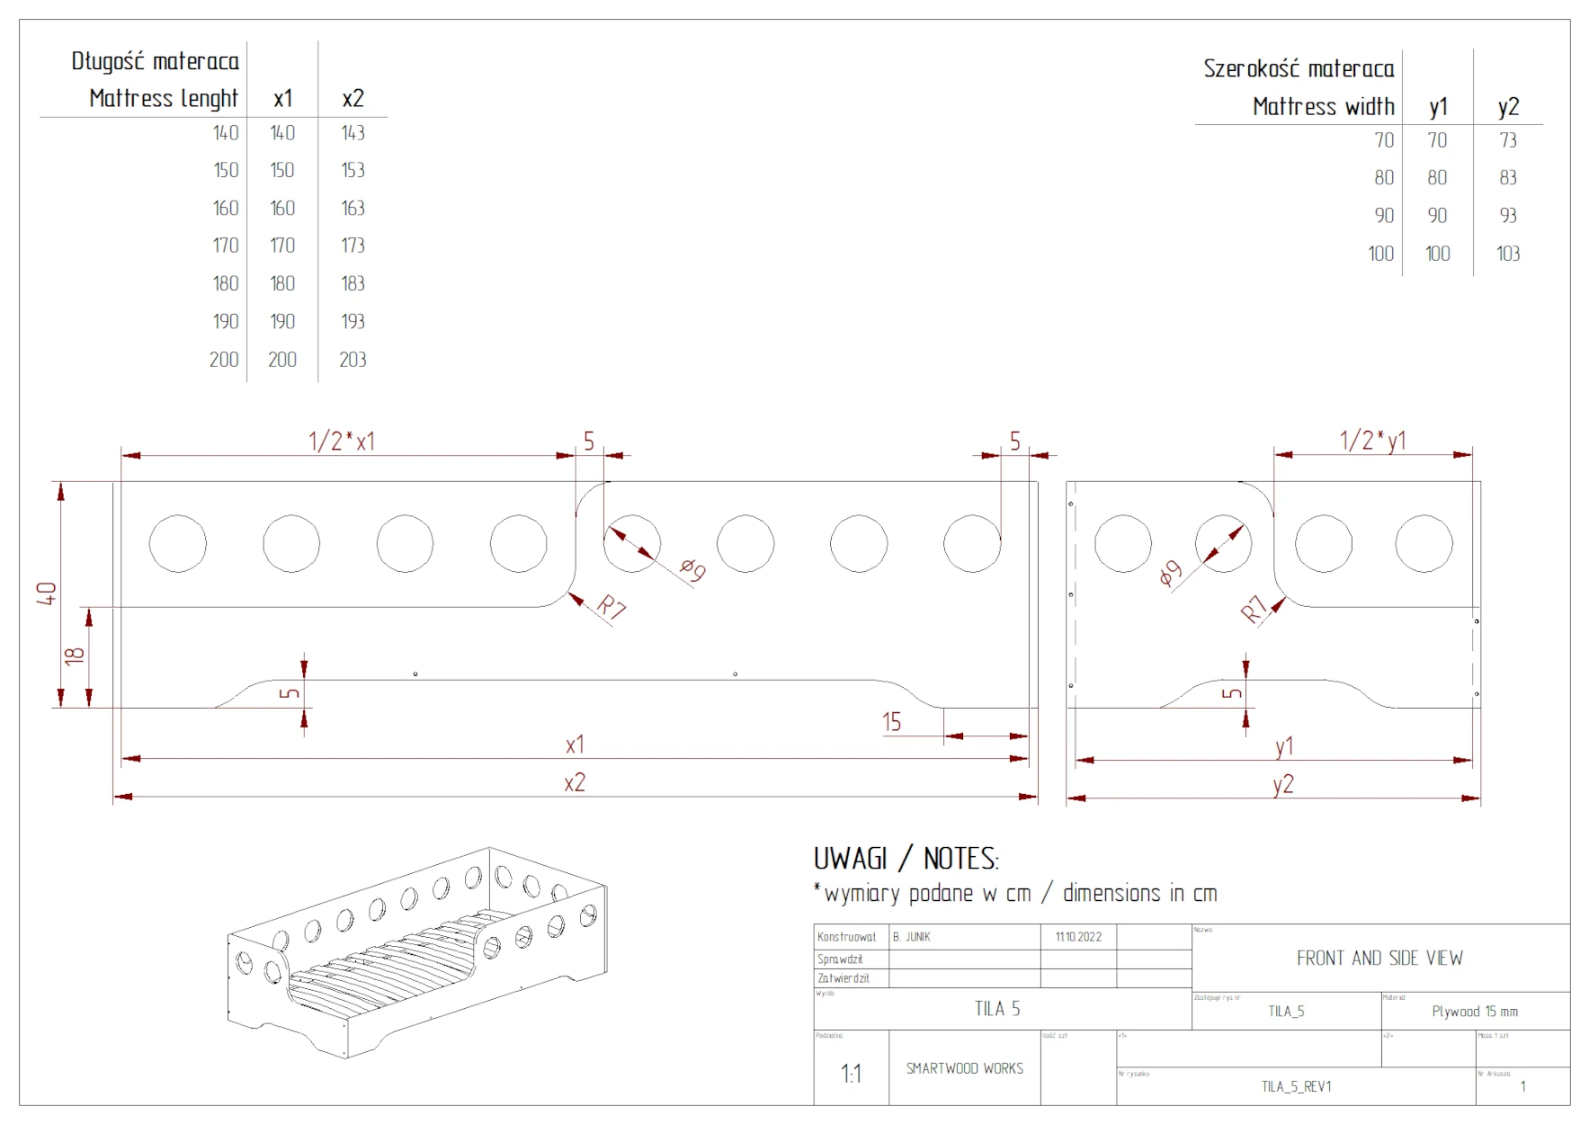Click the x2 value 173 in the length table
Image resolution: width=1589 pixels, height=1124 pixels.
pyautogui.click(x=353, y=245)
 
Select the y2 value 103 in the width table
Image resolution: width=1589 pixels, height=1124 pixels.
pyautogui.click(x=1508, y=254)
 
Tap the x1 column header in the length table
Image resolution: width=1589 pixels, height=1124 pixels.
pyautogui.click(x=282, y=99)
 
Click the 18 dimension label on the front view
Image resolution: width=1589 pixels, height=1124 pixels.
pyautogui.click(x=75, y=656)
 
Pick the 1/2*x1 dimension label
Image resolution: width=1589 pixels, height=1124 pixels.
pyautogui.click(x=342, y=442)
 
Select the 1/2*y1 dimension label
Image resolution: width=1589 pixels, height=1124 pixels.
pyautogui.click(x=1372, y=441)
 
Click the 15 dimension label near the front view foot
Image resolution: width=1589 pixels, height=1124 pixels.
pyautogui.click(x=891, y=722)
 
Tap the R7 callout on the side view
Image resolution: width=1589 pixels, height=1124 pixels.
pyautogui.click(x=1254, y=610)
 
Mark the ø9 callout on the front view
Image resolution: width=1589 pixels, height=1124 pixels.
pyautogui.click(x=692, y=568)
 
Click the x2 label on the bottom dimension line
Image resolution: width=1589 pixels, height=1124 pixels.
pyautogui.click(x=575, y=783)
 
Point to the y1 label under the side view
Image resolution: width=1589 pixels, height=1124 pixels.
pyautogui.click(x=1284, y=746)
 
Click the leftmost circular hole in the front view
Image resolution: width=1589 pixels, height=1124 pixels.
pyautogui.click(x=178, y=543)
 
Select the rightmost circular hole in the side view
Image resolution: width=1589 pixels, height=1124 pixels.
pyautogui.click(x=1424, y=543)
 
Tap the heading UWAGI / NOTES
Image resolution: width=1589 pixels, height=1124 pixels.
pyautogui.click(x=906, y=859)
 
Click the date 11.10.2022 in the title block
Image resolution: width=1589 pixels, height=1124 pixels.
pyautogui.click(x=1078, y=937)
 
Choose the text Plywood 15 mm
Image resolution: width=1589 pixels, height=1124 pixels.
pyautogui.click(x=1475, y=1012)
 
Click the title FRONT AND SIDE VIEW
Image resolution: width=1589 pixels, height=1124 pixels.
pyautogui.click(x=1379, y=959)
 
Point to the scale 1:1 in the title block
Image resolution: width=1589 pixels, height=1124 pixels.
pyautogui.click(x=851, y=1073)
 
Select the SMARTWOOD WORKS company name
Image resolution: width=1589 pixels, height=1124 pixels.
pyautogui.click(x=964, y=1068)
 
